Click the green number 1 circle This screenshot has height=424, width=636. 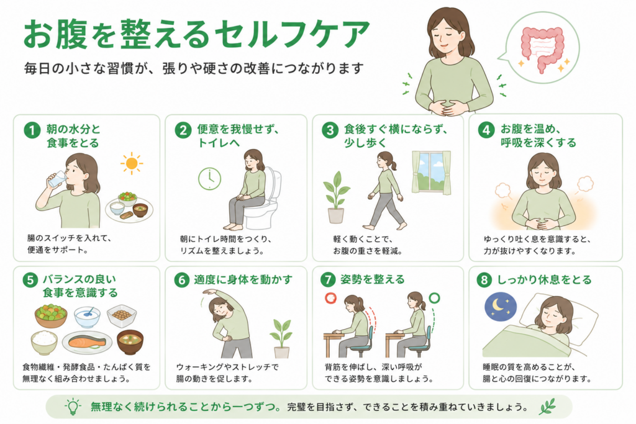32,130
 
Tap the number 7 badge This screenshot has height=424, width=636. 328,280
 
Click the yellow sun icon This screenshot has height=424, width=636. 132,163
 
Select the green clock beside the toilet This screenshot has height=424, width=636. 209,178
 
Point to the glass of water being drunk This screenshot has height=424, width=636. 56,179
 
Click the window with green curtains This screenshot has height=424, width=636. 432,173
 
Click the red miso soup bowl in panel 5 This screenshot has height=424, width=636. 130,341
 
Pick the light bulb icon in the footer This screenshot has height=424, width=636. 73,407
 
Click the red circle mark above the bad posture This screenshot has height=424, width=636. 330,299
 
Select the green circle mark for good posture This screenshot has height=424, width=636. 434,299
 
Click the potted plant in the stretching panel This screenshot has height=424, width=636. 281,338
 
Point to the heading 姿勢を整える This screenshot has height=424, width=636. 373,280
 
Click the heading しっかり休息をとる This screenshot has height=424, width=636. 544,280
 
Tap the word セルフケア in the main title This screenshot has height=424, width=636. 292,34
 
